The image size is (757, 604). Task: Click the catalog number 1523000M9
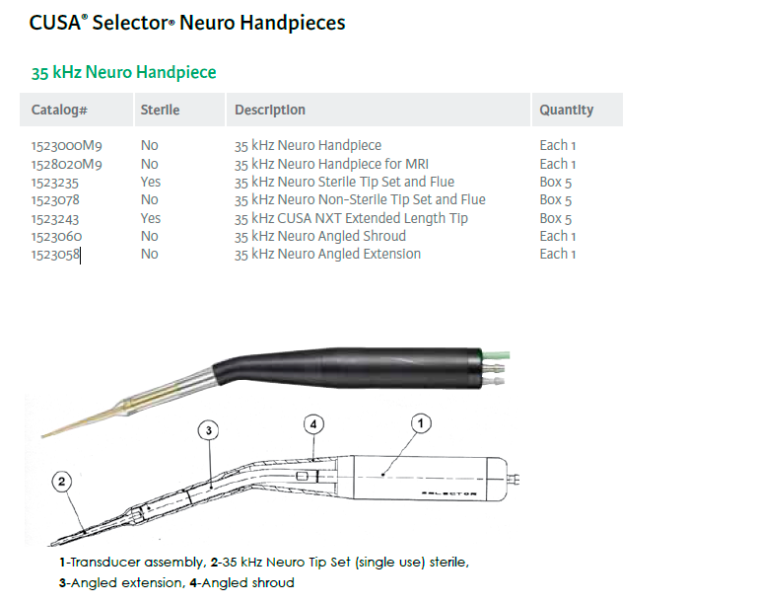click(x=67, y=145)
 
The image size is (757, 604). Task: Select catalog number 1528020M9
click(x=67, y=164)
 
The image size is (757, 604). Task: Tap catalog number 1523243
click(x=55, y=218)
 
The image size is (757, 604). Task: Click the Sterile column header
click(x=160, y=111)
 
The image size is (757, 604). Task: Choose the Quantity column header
click(x=566, y=111)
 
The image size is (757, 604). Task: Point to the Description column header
click(x=270, y=111)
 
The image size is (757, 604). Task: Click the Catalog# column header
click(x=60, y=111)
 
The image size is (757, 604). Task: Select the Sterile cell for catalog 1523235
click(x=151, y=182)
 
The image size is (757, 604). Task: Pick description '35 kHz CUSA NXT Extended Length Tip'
click(x=351, y=218)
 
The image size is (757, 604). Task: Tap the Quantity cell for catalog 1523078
click(x=556, y=199)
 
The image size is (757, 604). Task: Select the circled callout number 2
click(x=62, y=482)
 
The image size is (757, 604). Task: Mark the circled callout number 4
click(x=313, y=424)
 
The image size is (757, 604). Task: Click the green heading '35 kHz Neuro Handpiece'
click(x=124, y=72)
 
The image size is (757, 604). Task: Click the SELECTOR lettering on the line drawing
click(x=448, y=493)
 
